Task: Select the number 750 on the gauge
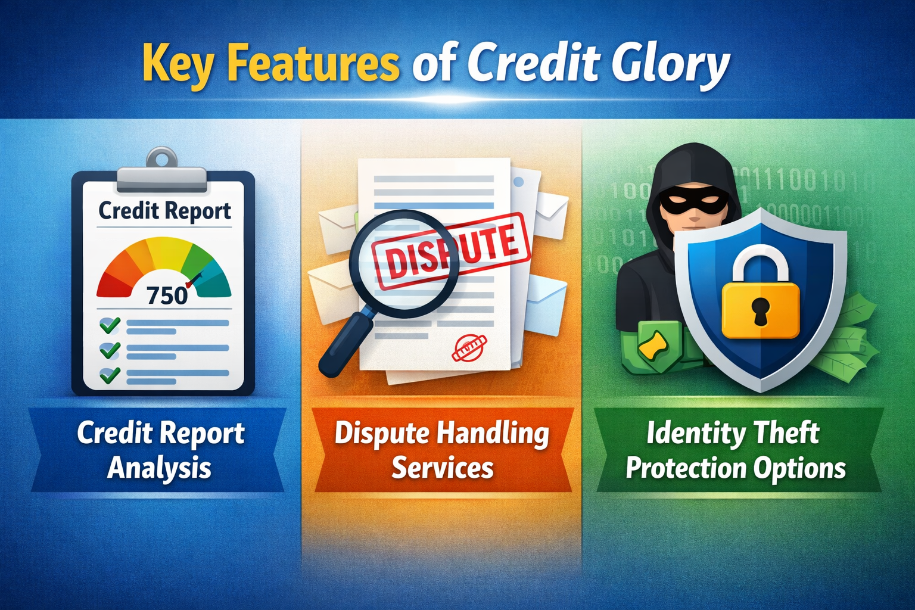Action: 167,295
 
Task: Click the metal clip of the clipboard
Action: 163,173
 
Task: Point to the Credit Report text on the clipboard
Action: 164,211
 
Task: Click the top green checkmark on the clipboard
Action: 110,325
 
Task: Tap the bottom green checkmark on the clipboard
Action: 110,375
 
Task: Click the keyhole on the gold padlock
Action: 761,310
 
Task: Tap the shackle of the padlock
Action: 760,262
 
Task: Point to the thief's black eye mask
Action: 691,203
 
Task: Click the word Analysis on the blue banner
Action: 160,468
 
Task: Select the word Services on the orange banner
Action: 442,468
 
